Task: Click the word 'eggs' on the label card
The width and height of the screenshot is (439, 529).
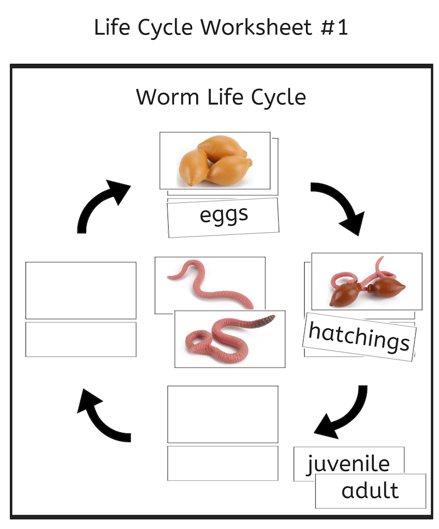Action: pyautogui.click(x=223, y=215)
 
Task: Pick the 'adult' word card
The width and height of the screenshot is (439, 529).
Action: pyautogui.click(x=370, y=490)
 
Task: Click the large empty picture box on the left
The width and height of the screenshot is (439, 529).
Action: pyautogui.click(x=81, y=290)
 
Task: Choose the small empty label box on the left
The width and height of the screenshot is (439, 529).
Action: pyautogui.click(x=81, y=339)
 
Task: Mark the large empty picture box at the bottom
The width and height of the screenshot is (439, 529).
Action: pyautogui.click(x=222, y=414)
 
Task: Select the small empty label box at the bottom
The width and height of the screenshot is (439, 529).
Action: pyautogui.click(x=222, y=463)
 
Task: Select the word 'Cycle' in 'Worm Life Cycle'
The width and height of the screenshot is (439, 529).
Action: pyautogui.click(x=278, y=98)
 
